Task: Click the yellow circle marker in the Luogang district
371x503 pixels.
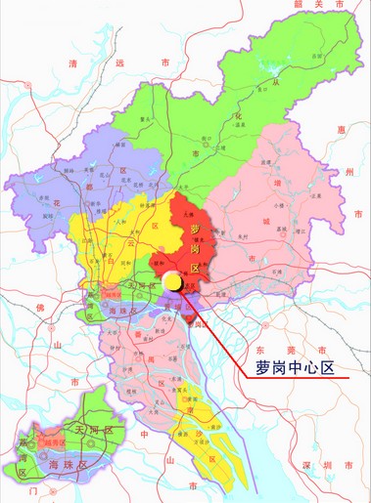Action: point(172,282)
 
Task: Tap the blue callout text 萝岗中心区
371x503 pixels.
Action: point(296,368)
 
